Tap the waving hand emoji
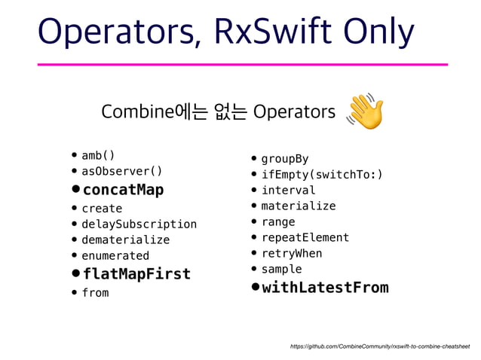pos(365,111)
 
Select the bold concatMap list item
pos(123,189)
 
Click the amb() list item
pos(98,156)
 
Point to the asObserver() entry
pos(121,171)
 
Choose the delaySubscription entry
pos(139,224)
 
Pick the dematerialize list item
pos(125,239)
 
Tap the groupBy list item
pos(284,159)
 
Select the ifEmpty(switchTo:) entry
pos(321,175)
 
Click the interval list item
pos(288,190)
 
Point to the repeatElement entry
pos(305,237)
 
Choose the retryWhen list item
pos(291,253)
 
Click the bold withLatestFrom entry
pos(325,287)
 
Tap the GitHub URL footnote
pos(379,346)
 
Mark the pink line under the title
pos(242,65)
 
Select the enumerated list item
pos(115,255)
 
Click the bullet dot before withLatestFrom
pos(256,287)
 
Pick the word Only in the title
pos(380,32)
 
